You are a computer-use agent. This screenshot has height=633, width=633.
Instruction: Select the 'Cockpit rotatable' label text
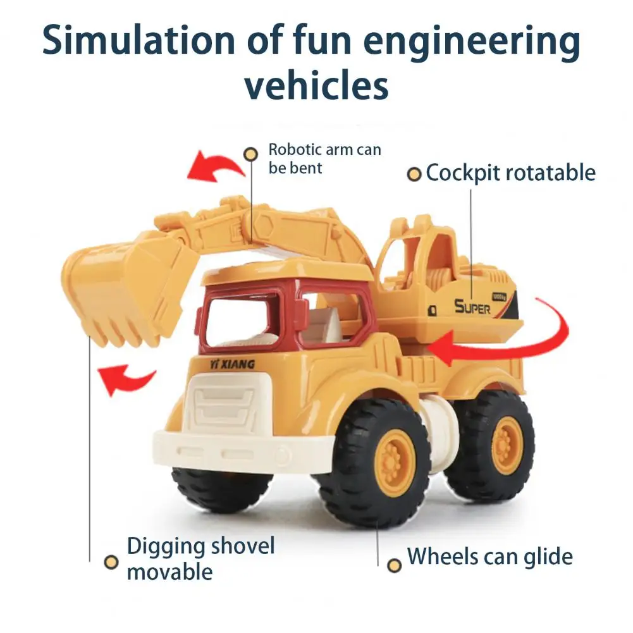coord(510,173)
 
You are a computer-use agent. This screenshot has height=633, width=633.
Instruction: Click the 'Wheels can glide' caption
coord(489,556)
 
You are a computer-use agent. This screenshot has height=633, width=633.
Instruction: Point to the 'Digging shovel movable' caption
coord(200,558)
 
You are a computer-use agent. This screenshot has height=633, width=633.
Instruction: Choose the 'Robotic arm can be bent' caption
coord(324,158)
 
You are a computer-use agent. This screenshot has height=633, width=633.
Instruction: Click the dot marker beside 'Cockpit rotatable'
coord(414,174)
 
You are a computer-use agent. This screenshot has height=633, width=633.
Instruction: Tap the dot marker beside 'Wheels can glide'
coord(395,565)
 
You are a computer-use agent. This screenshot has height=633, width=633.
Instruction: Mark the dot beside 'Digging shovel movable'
coord(112,561)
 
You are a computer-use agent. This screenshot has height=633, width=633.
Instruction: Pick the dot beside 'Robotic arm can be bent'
coord(251,154)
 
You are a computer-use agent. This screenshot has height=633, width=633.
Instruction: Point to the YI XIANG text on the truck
coord(232,364)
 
